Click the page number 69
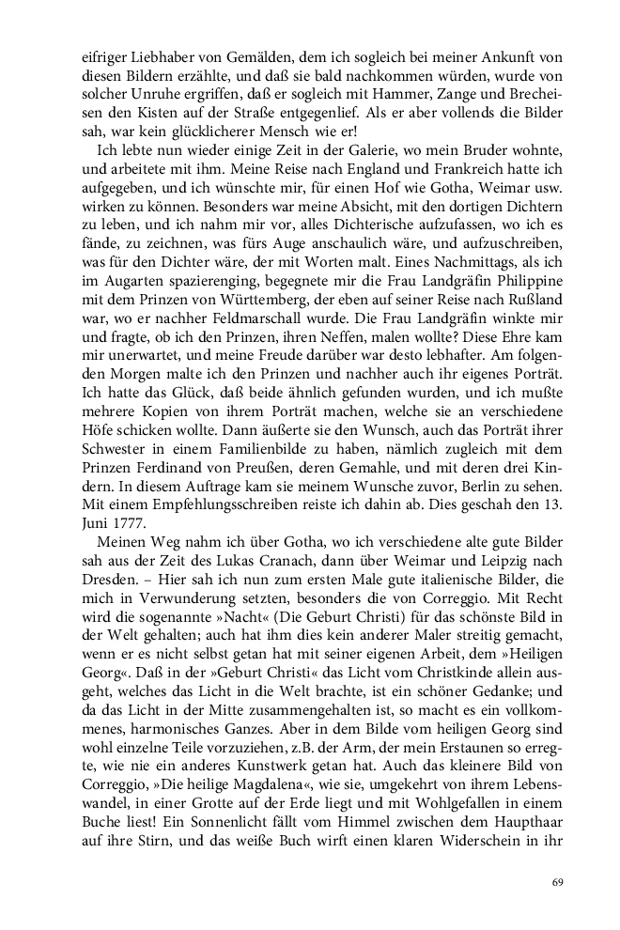[x=556, y=881]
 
